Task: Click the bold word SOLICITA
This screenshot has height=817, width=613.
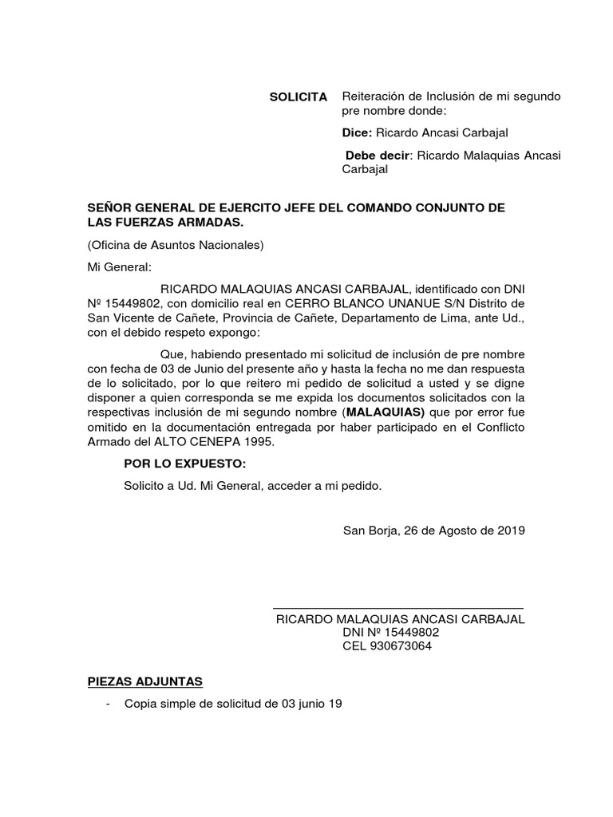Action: [x=298, y=97]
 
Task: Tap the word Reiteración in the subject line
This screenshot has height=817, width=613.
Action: [x=372, y=97]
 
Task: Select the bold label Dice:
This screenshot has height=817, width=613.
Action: [x=357, y=132]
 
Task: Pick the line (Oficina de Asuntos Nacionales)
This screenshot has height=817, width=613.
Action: [x=176, y=245]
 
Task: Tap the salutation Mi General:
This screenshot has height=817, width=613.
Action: [x=118, y=266]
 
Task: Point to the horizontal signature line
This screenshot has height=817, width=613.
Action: [x=398, y=609]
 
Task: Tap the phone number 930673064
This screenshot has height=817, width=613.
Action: [x=397, y=646]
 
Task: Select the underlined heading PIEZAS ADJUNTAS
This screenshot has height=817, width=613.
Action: [x=144, y=681]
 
